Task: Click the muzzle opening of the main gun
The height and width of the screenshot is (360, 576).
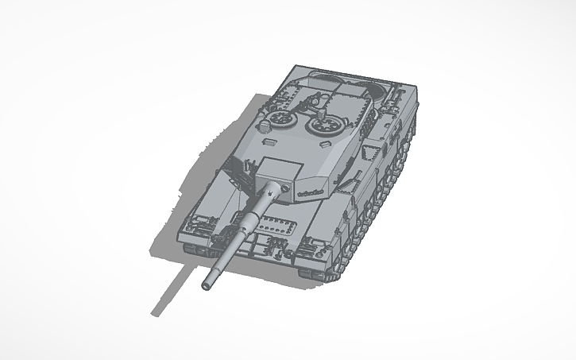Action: tap(208, 282)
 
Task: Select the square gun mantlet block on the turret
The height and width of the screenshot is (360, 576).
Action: tap(278, 168)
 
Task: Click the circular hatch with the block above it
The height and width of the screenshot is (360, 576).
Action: tap(323, 126)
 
